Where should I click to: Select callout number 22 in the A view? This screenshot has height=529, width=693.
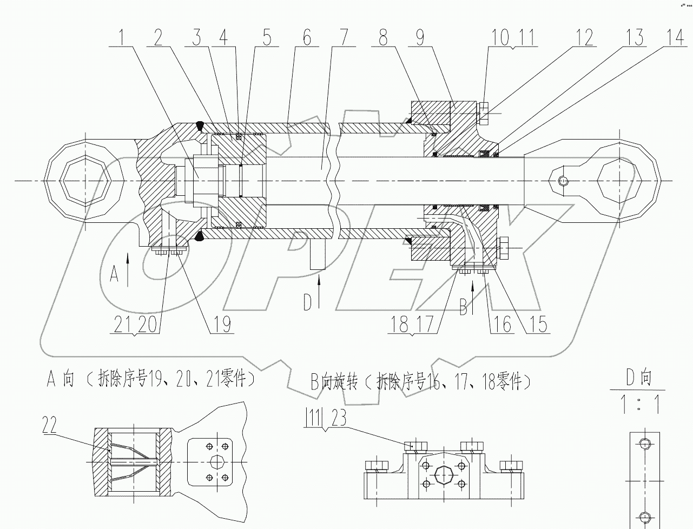coord(50,427)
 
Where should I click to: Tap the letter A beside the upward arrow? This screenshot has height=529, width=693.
coord(114,274)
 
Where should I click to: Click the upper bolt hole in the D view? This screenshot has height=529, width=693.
coord(644,444)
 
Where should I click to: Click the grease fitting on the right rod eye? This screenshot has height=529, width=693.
coord(563,181)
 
